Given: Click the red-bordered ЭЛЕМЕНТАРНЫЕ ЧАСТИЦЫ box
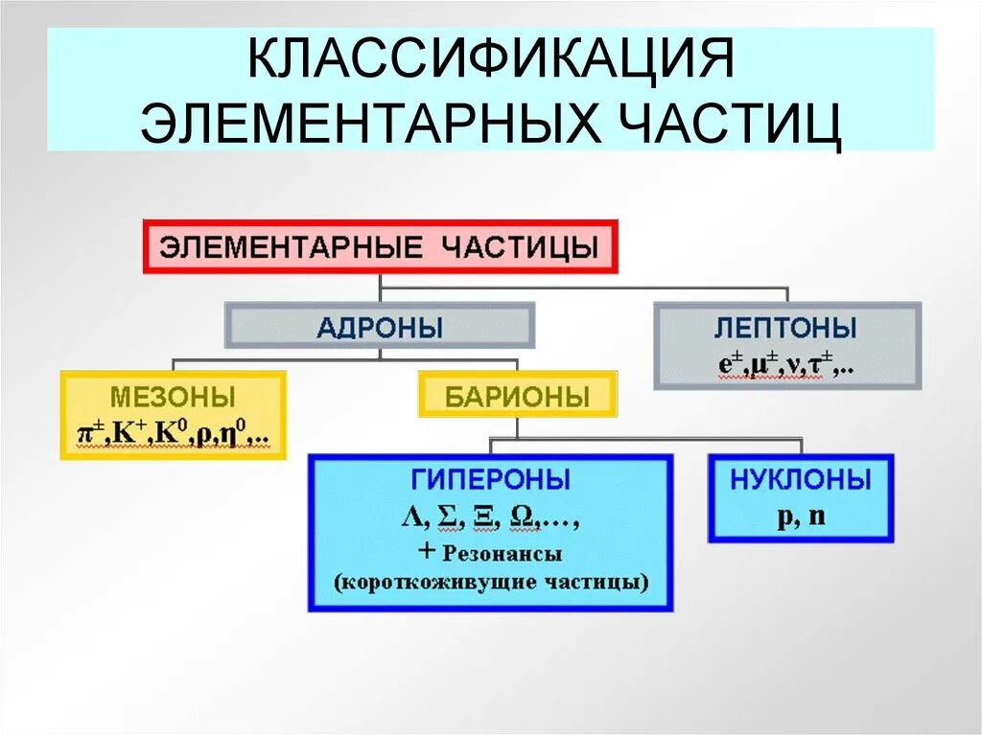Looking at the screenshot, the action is click(380, 246).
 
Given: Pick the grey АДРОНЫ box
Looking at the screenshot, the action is click(380, 327).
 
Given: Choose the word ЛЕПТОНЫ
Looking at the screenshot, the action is click(785, 328).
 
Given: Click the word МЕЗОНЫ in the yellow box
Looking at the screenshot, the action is click(173, 396).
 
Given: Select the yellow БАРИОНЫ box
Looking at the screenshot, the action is click(517, 395).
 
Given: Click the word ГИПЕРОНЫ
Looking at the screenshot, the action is click(490, 479).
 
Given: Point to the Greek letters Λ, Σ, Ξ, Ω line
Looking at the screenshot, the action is click(490, 517).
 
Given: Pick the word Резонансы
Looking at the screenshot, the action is click(503, 553).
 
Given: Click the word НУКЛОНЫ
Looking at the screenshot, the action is click(801, 479).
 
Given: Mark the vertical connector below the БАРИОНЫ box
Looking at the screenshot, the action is click(518, 428).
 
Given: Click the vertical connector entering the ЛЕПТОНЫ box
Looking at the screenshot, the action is click(787, 294).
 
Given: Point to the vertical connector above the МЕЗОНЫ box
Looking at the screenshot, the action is click(173, 364).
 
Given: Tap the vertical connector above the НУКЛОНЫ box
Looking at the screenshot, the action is click(802, 446).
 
